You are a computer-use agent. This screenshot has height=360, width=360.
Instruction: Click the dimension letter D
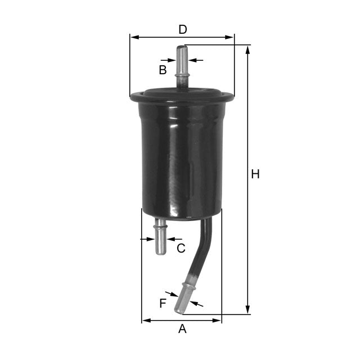182,29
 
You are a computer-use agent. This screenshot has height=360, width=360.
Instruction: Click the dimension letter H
255,175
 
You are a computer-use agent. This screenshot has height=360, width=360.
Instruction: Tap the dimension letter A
182,329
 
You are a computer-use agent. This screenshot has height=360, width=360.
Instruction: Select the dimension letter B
163,70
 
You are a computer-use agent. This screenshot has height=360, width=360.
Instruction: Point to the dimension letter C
181,248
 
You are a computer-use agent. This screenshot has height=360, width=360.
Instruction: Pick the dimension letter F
163,304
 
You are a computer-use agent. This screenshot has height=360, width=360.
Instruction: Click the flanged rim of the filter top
182,97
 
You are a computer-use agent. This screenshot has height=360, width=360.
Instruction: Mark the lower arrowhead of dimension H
247,311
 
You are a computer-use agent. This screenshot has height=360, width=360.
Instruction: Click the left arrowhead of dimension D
134,38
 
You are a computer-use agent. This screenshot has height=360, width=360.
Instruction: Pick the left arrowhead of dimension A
145,321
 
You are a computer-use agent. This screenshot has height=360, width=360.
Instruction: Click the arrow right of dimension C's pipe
170,239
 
